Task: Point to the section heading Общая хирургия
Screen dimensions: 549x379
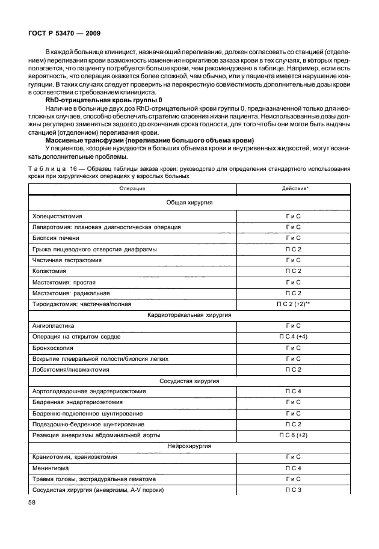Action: [x=189, y=203]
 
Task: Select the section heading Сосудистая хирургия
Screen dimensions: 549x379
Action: [x=189, y=381]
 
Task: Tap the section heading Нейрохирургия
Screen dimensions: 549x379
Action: [x=189, y=446]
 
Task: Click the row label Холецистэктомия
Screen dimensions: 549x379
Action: [x=58, y=216]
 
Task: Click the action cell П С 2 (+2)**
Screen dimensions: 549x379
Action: [x=293, y=304]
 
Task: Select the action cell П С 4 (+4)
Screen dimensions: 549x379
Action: [x=293, y=337]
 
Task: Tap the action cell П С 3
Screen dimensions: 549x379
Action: [x=293, y=489]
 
